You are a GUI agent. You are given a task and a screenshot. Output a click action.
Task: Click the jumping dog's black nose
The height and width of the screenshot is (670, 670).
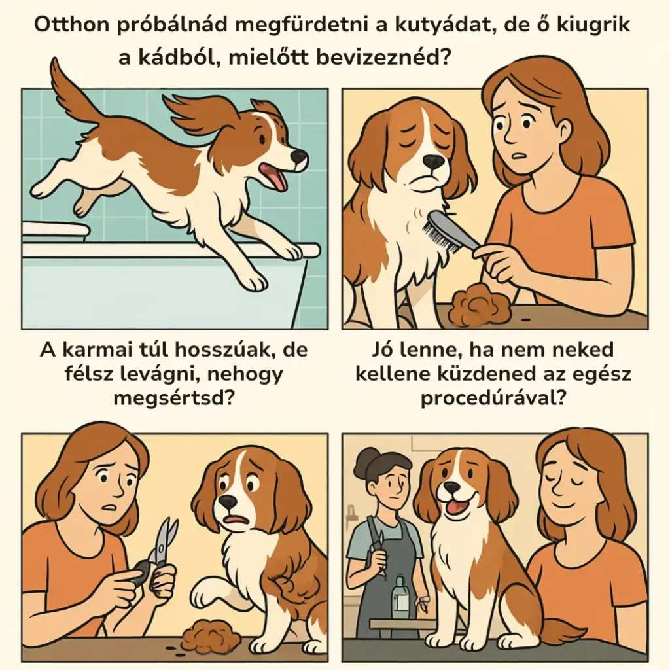(299, 156)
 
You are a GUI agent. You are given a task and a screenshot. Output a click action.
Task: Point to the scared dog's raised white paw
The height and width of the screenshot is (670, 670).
(208, 591)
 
